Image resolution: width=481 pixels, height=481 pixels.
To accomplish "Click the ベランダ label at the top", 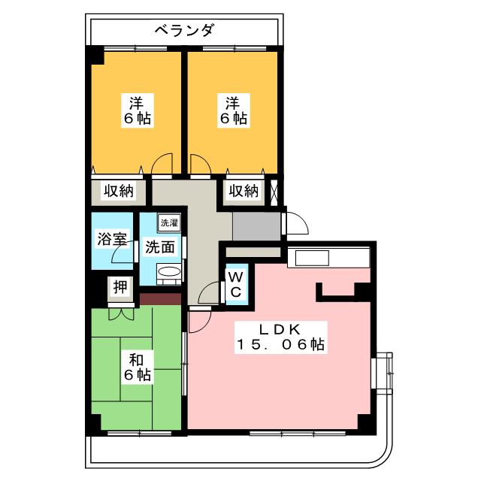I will tap(185, 30).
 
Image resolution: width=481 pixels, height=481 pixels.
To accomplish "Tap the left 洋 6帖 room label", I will tap(136, 110).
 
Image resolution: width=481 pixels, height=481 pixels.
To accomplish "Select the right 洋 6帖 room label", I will tap(233, 110).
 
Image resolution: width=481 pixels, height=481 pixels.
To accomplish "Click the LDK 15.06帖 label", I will tap(281, 337).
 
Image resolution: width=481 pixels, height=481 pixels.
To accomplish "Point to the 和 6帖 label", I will tap(136, 366).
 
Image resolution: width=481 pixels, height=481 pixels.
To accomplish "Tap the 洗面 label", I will tap(159, 246).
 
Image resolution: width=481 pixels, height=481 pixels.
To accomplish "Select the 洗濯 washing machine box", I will tap(168, 222).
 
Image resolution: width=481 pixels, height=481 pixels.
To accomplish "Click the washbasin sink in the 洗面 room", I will tap(169, 272).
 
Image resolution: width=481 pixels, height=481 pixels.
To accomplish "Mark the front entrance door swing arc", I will tap(295, 223).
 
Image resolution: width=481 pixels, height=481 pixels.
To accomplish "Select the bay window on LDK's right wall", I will tap(383, 373).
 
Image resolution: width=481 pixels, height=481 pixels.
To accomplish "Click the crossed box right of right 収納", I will tap(276, 191).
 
